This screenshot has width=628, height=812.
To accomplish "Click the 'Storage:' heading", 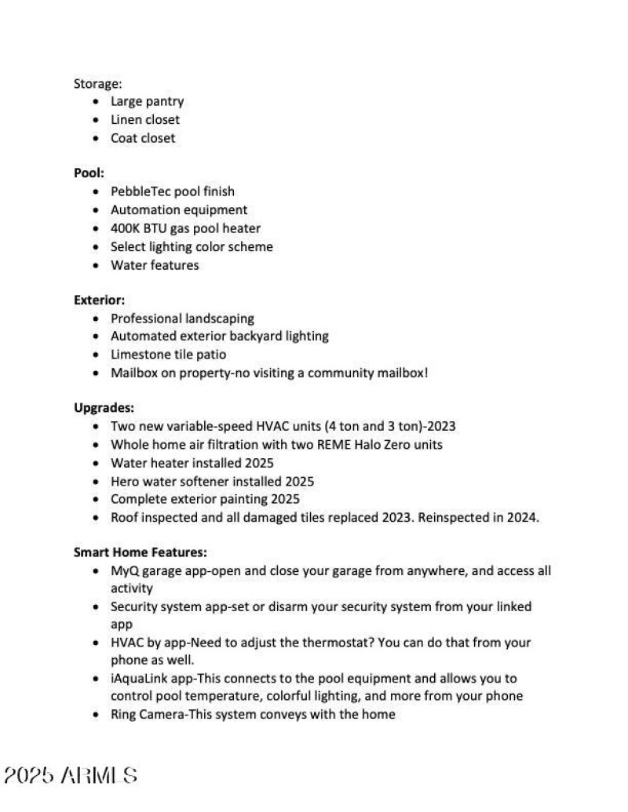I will tap(97, 83).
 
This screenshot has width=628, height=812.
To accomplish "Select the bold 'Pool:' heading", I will tap(89, 173).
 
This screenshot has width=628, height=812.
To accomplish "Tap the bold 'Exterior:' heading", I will tap(99, 300).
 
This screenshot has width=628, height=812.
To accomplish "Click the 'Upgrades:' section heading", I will tap(104, 408).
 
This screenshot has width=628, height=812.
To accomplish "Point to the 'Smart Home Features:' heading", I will tap(140, 552).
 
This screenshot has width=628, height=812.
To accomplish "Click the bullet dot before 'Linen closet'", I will tap(95, 120).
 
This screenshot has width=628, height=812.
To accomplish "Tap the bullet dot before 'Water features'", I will tap(95, 265).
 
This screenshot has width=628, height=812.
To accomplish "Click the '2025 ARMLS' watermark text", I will tap(71, 776).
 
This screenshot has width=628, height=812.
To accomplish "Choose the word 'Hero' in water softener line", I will tap(126, 481).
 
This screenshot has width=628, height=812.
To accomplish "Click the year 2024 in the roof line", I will tap(524, 517).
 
